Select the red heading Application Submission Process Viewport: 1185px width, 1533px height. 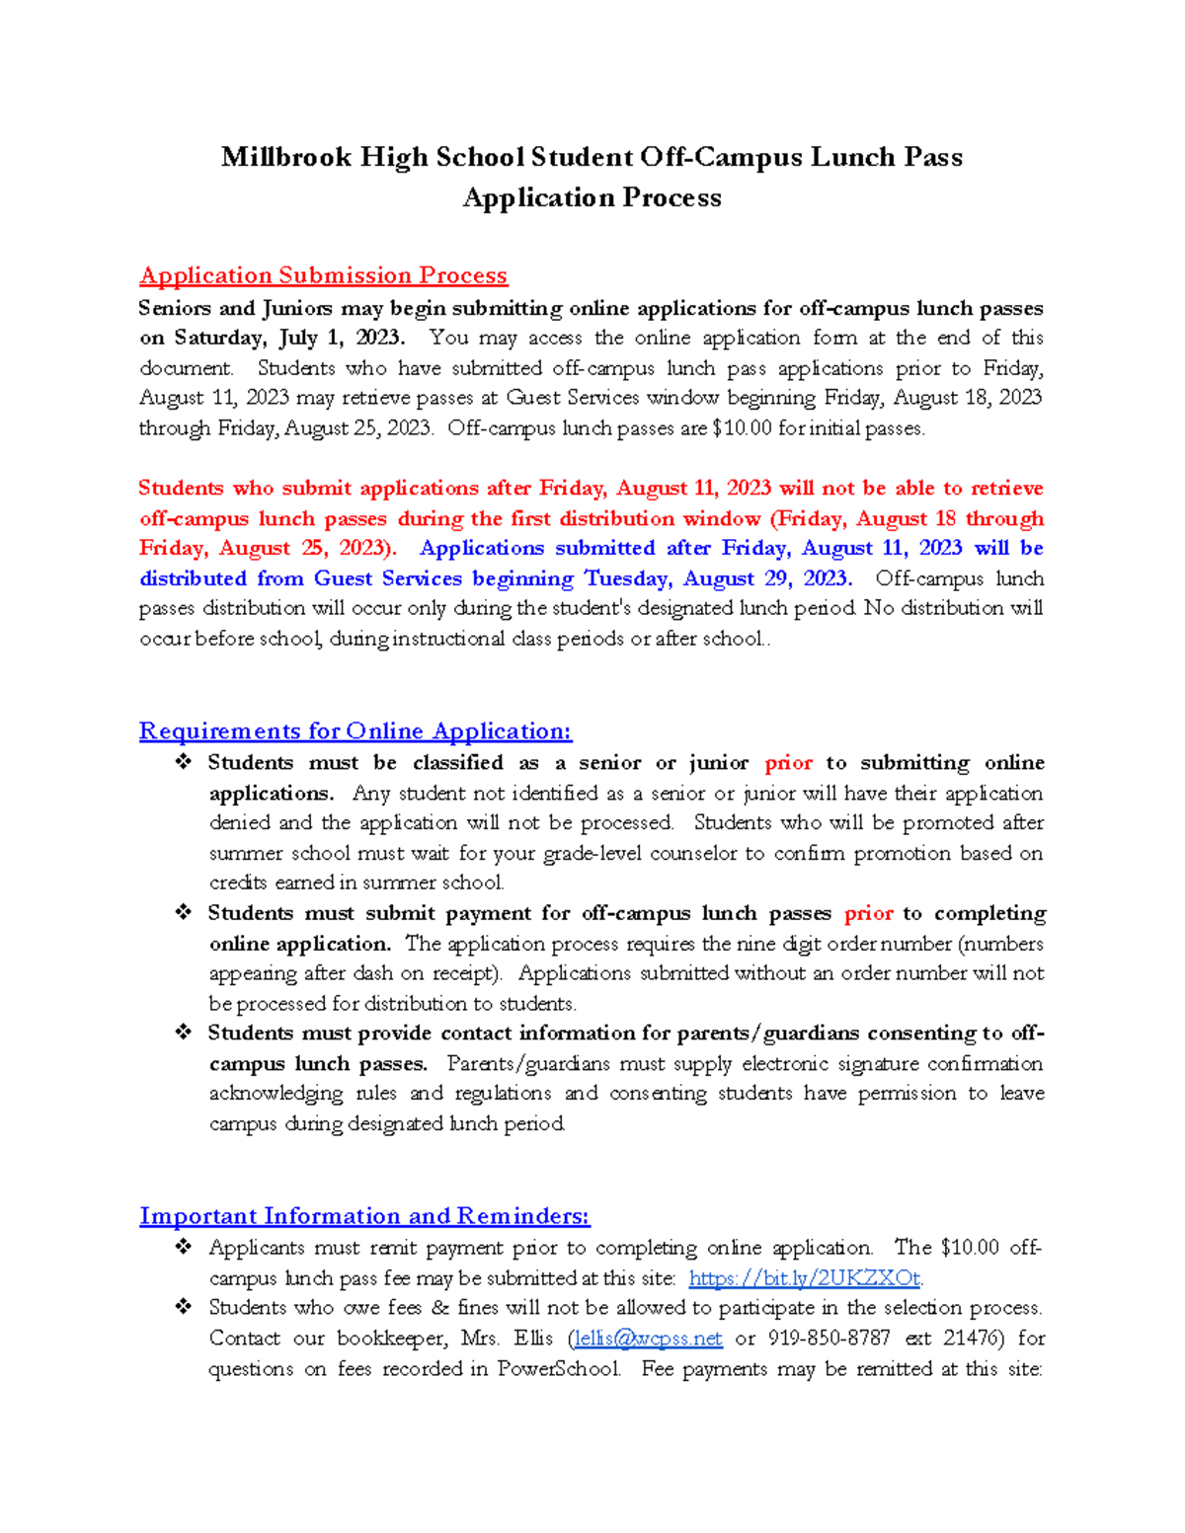[x=323, y=275]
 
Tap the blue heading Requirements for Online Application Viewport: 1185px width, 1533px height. [x=355, y=731]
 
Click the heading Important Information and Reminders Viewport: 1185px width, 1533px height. [x=364, y=1216]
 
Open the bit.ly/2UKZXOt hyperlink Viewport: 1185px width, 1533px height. [x=805, y=1278]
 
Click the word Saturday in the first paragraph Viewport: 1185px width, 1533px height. [x=220, y=338]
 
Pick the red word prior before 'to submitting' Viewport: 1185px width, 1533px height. [x=788, y=763]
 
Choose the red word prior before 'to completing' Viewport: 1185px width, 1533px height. [x=868, y=914]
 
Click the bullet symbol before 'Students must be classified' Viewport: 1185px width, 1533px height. [x=183, y=762]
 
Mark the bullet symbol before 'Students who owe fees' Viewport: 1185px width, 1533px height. [x=183, y=1307]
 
